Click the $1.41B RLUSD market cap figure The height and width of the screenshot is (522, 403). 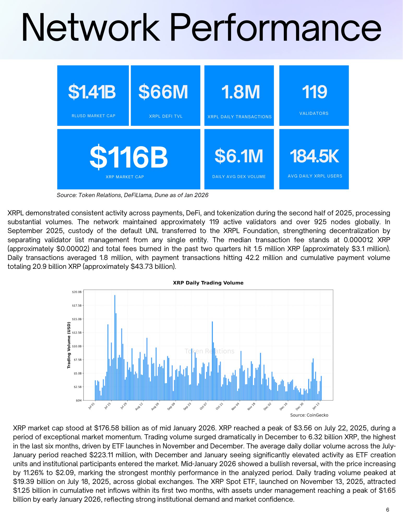92,92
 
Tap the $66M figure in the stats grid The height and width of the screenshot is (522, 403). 163,92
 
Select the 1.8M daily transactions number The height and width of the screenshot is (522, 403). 240,92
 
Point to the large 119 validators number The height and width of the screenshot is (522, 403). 314,92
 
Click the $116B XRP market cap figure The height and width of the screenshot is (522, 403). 129,157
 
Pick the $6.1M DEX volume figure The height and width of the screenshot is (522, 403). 239,156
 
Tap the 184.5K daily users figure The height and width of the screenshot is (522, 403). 314,156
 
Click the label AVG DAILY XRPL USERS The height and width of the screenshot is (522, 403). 315,176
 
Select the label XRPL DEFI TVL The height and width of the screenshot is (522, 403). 166,116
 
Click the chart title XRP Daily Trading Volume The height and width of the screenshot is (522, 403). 208,283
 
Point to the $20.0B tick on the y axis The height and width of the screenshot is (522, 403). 77,292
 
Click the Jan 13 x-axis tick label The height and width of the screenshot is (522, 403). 316,406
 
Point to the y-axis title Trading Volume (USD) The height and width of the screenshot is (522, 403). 69,345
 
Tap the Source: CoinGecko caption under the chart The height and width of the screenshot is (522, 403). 309,415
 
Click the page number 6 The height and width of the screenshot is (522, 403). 388,510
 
